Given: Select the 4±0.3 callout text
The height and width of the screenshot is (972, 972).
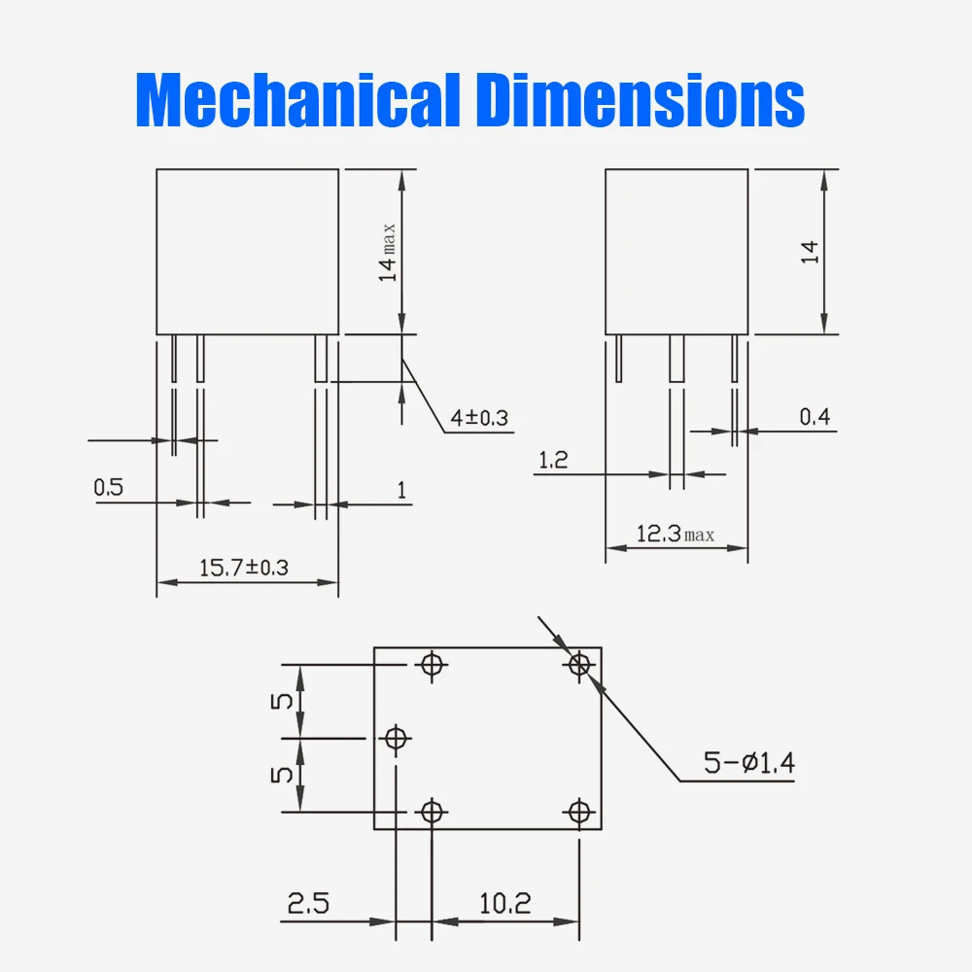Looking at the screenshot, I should point(479,419).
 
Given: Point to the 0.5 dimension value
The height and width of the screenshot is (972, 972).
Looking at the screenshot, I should point(109,487).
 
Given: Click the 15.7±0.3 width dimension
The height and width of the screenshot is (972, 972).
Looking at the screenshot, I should point(244,568).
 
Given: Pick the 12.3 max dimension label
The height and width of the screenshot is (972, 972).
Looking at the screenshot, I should point(675,534).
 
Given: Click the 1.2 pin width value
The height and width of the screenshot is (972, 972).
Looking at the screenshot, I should point(552,461).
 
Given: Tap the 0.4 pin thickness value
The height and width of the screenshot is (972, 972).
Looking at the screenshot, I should point(816,417).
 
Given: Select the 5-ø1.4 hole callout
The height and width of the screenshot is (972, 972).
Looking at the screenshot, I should point(749,763).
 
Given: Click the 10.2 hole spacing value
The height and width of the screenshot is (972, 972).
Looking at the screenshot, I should point(505,903).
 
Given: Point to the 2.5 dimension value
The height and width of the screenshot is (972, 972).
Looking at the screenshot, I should point(308,903).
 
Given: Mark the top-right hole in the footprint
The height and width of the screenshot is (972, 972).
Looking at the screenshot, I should point(579,664).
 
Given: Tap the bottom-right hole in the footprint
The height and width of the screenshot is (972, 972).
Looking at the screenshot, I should point(579,811).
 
